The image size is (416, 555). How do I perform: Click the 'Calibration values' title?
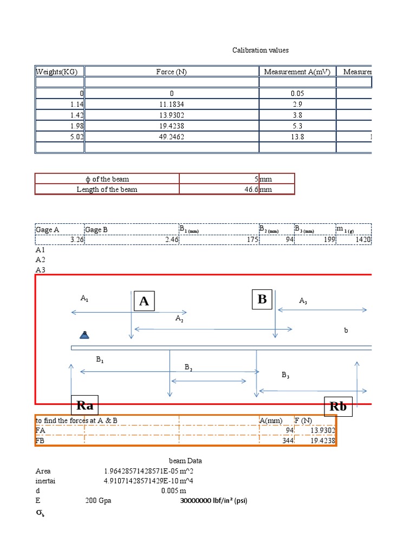point(261,50)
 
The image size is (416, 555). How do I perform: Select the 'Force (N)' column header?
point(172,72)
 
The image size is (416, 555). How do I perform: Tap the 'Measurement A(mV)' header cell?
point(297,72)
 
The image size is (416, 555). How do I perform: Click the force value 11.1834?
point(172,105)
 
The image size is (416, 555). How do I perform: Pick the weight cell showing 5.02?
point(76,137)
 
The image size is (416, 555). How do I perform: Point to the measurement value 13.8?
point(297,137)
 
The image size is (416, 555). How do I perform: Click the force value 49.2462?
point(172,137)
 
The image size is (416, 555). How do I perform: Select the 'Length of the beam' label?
point(107,189)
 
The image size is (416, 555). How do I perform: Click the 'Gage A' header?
point(48,230)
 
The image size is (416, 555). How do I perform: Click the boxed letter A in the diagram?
point(144,301)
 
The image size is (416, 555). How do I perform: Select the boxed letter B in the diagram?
point(262,299)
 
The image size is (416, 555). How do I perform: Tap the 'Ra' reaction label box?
point(85,405)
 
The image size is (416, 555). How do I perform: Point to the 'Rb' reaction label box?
point(339,406)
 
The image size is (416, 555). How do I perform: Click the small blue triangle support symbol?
point(84,334)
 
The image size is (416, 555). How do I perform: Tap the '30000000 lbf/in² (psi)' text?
point(213,501)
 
